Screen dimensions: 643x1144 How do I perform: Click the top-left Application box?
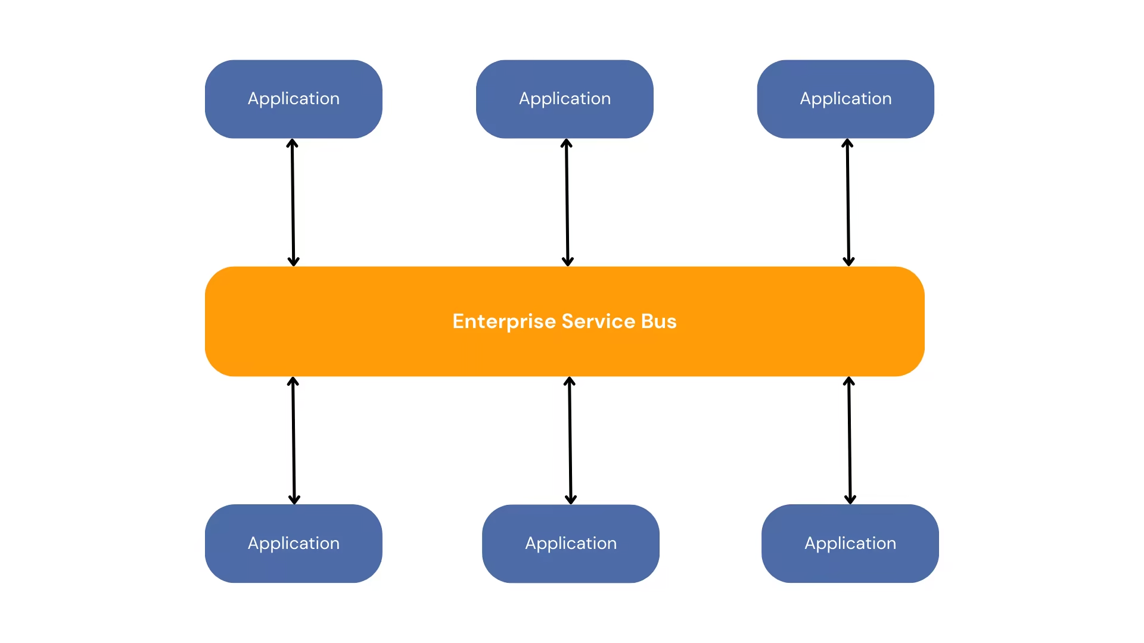click(x=293, y=99)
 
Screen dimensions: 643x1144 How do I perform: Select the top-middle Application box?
click(x=564, y=99)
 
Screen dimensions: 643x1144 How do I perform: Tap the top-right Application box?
click(x=845, y=99)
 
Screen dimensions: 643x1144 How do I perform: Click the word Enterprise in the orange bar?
click(x=504, y=321)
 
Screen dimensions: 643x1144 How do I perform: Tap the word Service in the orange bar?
click(x=598, y=321)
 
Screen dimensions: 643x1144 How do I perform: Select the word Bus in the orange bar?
click(x=658, y=321)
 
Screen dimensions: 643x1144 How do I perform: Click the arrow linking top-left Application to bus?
click(x=293, y=202)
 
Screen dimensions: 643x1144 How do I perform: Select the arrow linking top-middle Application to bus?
click(x=567, y=202)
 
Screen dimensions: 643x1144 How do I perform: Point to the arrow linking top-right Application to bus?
click(x=848, y=202)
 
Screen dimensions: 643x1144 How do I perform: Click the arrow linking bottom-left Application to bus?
click(x=294, y=441)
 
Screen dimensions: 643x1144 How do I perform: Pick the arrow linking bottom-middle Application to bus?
click(x=570, y=441)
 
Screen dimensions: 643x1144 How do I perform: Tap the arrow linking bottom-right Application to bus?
click(x=850, y=441)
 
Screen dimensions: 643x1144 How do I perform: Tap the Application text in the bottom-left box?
click(x=293, y=543)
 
